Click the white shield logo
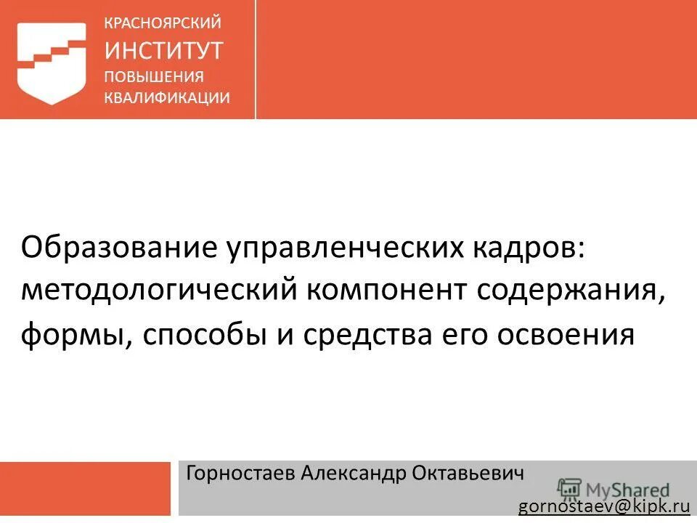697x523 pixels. coord(52,62)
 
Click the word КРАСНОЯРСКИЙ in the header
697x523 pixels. coord(163,23)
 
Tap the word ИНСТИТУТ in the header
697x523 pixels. coord(164,50)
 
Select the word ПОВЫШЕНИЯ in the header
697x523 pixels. coord(154,77)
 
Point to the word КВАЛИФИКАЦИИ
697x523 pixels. coord(168,99)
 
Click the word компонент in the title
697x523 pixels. coord(388,292)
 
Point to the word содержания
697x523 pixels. coord(571,292)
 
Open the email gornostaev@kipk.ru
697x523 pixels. coord(603,506)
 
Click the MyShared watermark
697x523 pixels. coord(614,489)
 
